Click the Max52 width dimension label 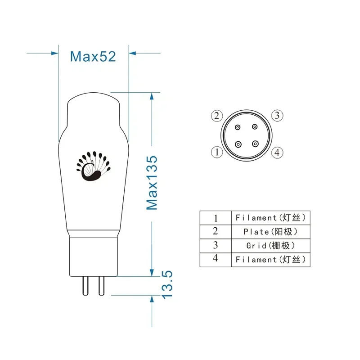(93, 56)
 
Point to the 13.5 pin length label (166, 284)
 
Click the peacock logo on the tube (93, 166)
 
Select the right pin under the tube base (101, 285)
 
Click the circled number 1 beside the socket (217, 152)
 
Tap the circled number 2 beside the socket (217, 116)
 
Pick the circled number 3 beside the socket (278, 115)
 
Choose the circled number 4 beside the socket (278, 152)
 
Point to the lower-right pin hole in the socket (255, 144)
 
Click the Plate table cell (271, 232)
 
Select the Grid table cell (271, 246)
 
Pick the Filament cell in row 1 (271, 218)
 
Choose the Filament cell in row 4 (271, 260)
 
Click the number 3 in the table (216, 246)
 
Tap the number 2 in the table (216, 232)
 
